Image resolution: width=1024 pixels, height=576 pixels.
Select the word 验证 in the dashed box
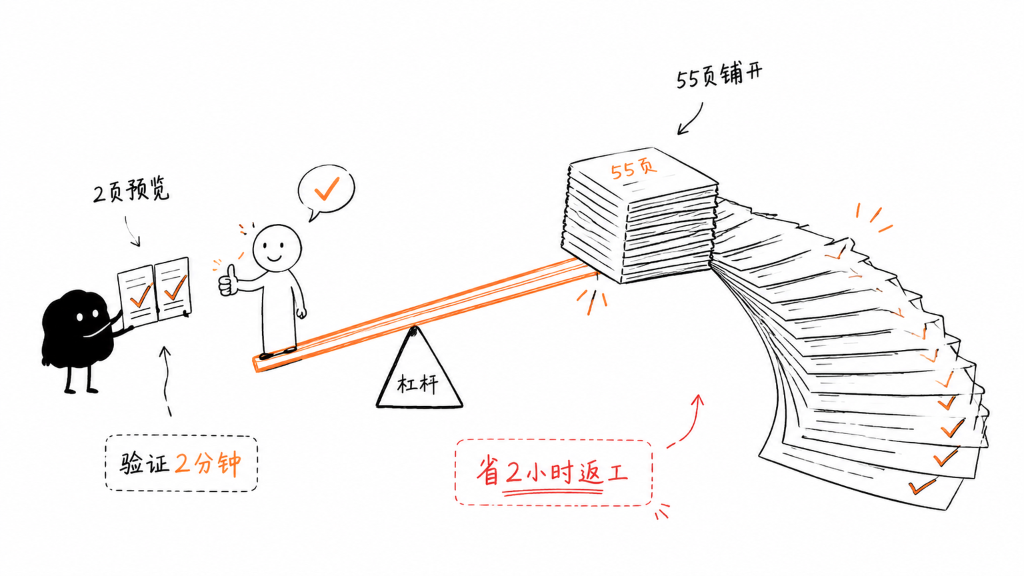[x=145, y=463]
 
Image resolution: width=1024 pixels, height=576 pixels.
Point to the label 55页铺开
[x=719, y=75]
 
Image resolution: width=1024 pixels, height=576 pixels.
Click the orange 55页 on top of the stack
[x=634, y=168]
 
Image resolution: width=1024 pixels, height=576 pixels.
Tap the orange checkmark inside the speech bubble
[x=327, y=189]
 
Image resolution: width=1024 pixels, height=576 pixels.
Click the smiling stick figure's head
[x=277, y=248]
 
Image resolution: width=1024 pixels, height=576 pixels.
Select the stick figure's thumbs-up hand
[x=228, y=281]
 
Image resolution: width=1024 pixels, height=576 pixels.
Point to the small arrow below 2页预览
[x=132, y=231]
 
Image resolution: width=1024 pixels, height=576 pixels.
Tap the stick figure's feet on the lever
[x=278, y=353]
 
